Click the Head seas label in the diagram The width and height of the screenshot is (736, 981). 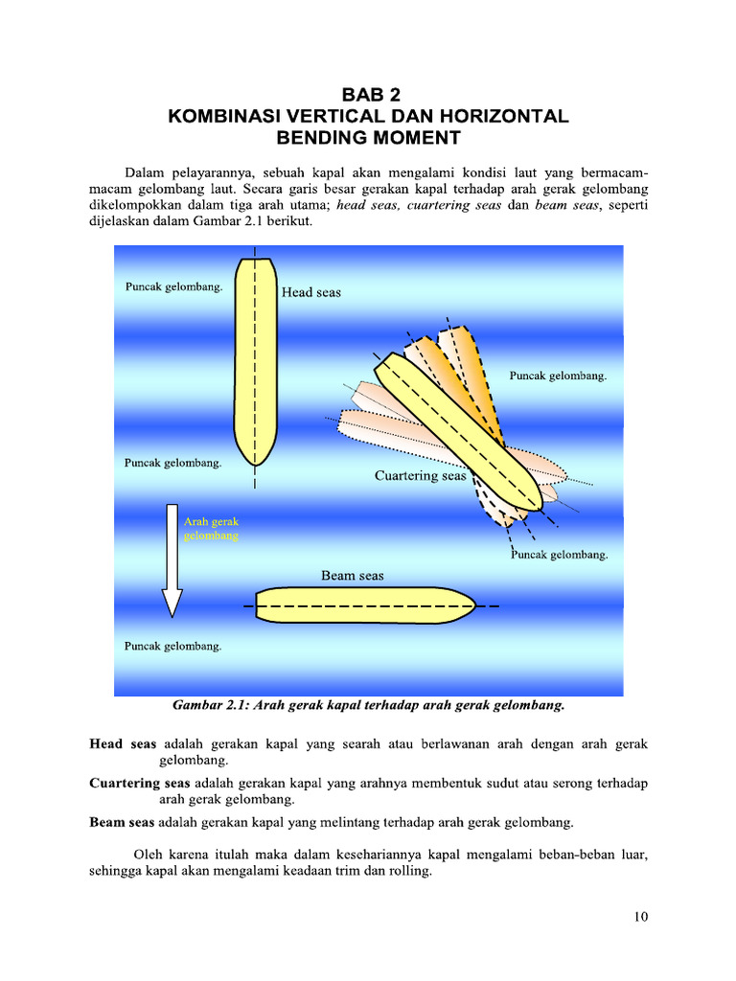(x=310, y=292)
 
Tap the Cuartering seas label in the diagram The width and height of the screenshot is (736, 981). (x=420, y=475)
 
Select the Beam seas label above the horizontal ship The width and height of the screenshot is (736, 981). (x=352, y=576)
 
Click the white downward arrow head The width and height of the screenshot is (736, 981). (x=172, y=603)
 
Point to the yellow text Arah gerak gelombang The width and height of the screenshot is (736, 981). (x=211, y=529)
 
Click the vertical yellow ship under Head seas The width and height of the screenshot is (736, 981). (x=255, y=364)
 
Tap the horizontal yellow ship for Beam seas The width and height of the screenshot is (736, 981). (x=364, y=606)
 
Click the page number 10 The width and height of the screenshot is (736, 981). (x=641, y=917)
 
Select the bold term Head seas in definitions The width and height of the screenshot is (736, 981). (x=123, y=743)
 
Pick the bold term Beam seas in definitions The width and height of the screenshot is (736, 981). (x=122, y=822)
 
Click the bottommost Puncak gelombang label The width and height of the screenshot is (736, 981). (x=173, y=646)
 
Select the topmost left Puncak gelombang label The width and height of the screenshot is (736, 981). (x=173, y=286)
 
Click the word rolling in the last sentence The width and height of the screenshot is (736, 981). (x=410, y=873)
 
